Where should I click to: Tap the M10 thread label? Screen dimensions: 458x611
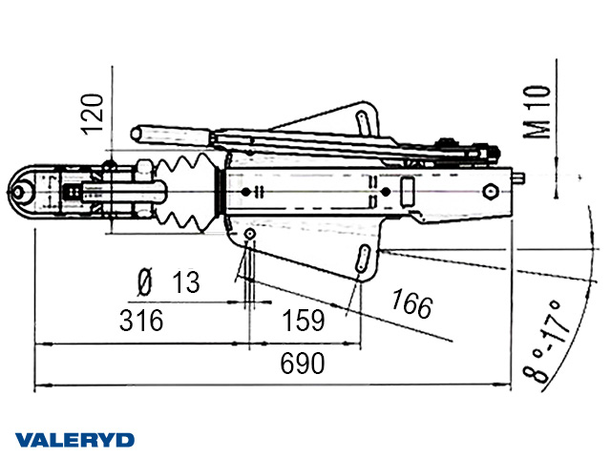(x=539, y=112)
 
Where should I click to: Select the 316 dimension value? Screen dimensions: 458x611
(x=141, y=320)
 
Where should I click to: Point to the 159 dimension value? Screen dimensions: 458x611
(x=304, y=320)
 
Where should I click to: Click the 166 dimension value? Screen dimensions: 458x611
(x=411, y=305)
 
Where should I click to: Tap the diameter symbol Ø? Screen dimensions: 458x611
(x=145, y=281)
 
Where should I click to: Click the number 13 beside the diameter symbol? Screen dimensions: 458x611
(x=187, y=281)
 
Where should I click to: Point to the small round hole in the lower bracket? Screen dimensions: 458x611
(x=249, y=235)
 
